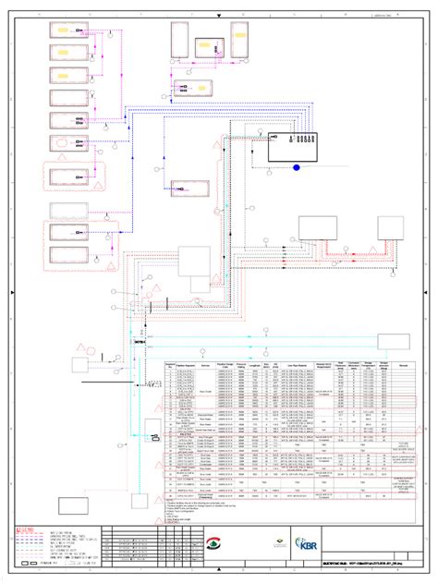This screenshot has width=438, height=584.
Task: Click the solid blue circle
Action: click(x=297, y=167)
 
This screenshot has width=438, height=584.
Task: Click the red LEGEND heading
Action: click(x=28, y=529)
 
